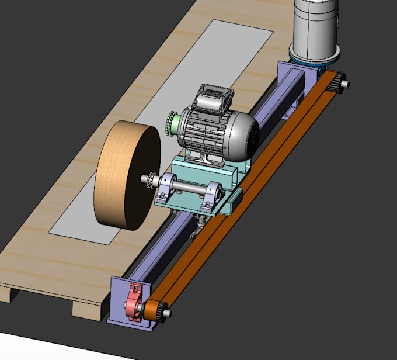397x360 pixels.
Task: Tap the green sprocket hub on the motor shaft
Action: [x=172, y=123]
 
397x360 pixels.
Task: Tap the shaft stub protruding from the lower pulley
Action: [x=168, y=314]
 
